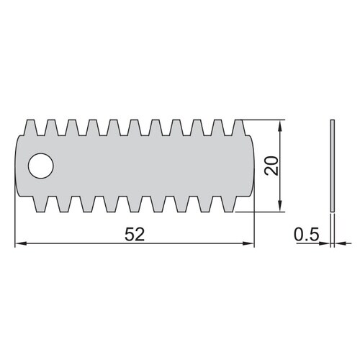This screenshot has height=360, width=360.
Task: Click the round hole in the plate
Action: [x=41, y=166]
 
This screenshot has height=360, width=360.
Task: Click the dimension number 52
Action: [x=135, y=235]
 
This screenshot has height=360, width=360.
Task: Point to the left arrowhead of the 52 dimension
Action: [x=20, y=243]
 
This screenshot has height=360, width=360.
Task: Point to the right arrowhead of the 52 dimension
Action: [x=248, y=243]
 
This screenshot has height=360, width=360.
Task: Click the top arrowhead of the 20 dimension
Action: [x=279, y=125]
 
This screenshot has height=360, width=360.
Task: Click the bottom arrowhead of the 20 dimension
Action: [x=279, y=206]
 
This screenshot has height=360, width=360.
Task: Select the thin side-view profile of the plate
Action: [x=333, y=166]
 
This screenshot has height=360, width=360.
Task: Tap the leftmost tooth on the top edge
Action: [x=30, y=127]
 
